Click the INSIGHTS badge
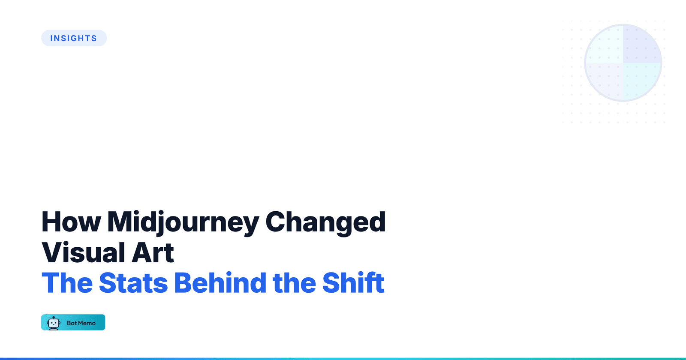tap(74, 38)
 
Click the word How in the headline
tap(71, 222)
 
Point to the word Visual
tap(83, 252)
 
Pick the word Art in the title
tap(153, 252)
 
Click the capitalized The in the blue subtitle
tap(67, 283)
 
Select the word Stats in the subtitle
tap(133, 283)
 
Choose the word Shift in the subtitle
tap(353, 283)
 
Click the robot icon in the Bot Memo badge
tap(54, 323)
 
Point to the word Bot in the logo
tap(71, 323)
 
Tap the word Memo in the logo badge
tap(87, 323)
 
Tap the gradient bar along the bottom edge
tap(343, 358)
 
